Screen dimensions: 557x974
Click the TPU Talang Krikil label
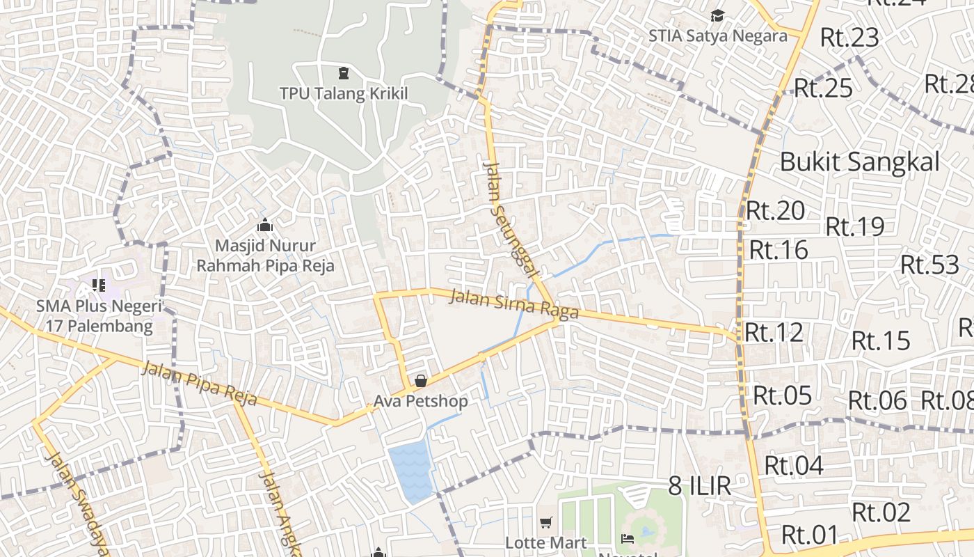coord(343,93)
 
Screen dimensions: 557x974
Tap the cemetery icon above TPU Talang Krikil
coord(343,72)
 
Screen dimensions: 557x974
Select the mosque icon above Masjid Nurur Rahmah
coord(264,226)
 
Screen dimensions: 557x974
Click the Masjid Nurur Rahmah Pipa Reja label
coord(265,256)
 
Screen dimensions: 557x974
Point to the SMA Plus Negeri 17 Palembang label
coord(99,316)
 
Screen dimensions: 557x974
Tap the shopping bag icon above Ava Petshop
coord(421,381)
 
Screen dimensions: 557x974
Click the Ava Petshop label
coord(420,401)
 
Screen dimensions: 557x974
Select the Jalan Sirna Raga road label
coord(514,304)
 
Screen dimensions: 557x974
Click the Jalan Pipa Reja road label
coord(199,384)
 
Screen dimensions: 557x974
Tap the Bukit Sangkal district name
coord(859,162)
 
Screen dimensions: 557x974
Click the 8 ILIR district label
coord(700,485)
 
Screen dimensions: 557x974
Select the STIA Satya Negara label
coord(717,36)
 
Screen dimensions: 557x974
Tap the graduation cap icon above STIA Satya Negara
coord(717,15)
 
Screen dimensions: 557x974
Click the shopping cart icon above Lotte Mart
coord(546,522)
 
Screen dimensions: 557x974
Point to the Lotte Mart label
coord(546,542)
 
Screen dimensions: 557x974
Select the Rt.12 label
coord(774,332)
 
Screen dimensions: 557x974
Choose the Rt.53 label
coord(929,265)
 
